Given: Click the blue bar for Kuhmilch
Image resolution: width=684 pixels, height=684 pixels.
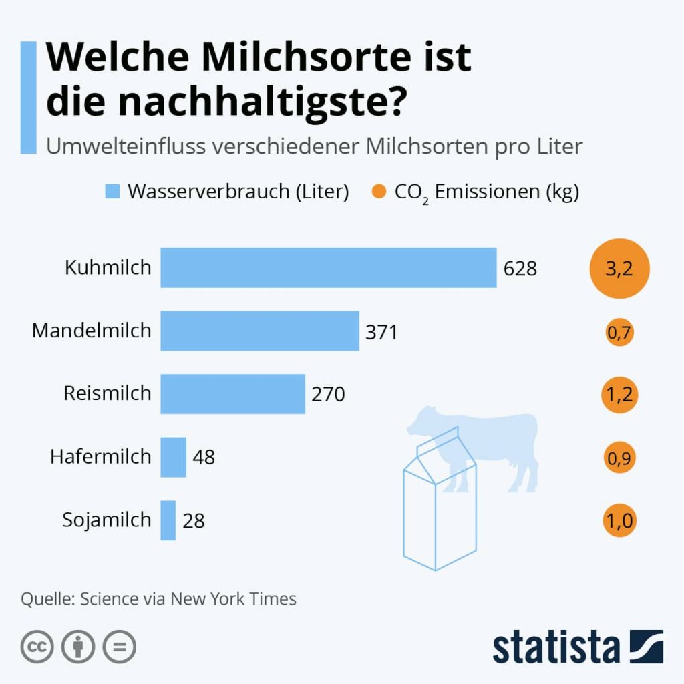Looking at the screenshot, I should click(x=328, y=268).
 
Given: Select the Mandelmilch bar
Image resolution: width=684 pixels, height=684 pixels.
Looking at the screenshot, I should click(x=259, y=331).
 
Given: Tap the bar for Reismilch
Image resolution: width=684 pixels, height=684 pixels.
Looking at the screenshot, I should click(x=232, y=394).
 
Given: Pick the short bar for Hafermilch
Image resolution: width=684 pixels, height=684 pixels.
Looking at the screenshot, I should click(x=173, y=457).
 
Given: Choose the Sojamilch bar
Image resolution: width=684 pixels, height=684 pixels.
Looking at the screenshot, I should click(x=168, y=520).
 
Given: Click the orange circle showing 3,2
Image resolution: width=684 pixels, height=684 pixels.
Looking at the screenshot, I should click(x=619, y=269).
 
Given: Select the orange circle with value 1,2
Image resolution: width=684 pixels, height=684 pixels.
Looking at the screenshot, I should click(x=619, y=395).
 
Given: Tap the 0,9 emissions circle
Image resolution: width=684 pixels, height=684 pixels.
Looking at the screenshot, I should click(x=619, y=458).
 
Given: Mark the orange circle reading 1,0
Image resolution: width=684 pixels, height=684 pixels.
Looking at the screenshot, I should click(x=619, y=521).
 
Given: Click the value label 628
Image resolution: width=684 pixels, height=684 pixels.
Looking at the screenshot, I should click(x=520, y=269).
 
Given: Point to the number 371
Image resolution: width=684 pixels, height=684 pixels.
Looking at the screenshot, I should click(x=381, y=332).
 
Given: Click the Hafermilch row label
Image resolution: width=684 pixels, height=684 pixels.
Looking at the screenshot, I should click(x=101, y=457).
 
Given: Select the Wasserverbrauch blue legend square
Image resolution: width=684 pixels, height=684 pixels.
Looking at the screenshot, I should click(x=112, y=192).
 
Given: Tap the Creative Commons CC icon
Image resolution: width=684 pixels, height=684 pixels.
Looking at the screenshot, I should click(x=37, y=646).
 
